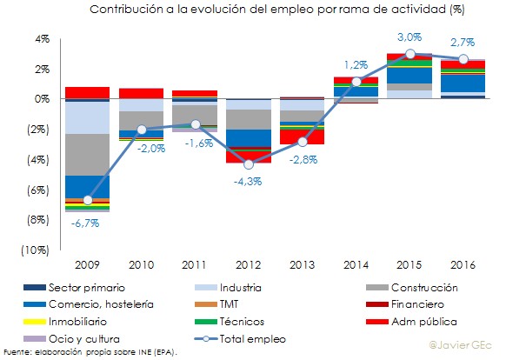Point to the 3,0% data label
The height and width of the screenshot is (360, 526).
[x=409, y=37]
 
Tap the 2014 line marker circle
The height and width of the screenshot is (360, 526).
[x=356, y=82]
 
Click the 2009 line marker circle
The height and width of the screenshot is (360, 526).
[x=87, y=200]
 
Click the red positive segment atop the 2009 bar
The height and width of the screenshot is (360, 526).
[x=87, y=92]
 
